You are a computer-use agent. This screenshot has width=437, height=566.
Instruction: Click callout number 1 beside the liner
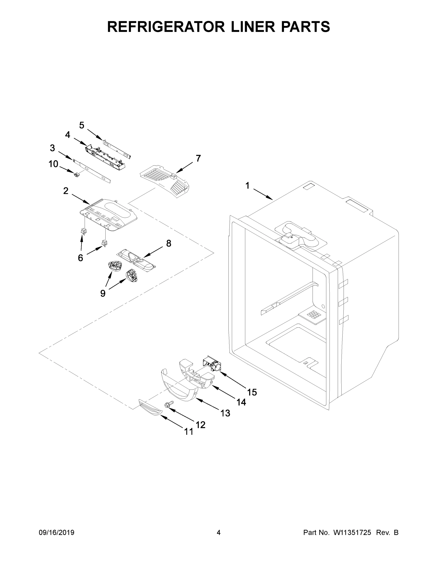247,186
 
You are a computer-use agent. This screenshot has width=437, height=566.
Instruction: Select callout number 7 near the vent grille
198,158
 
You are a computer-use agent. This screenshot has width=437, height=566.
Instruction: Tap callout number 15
252,392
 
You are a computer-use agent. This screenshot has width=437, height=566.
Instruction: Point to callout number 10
53,164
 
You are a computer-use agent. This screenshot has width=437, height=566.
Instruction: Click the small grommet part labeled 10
76,175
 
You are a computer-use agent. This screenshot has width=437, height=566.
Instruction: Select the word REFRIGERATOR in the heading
166,27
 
